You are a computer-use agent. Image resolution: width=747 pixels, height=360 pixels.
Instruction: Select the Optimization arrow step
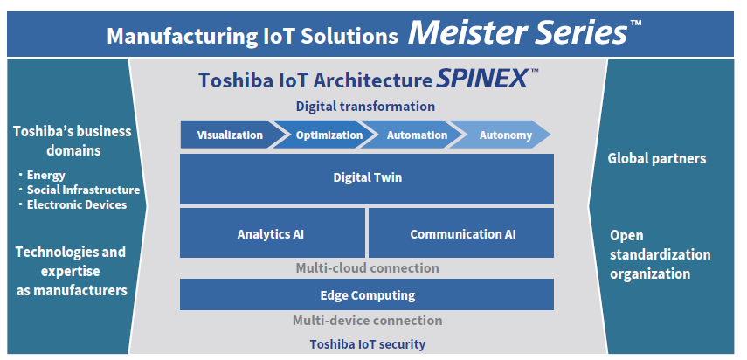click(x=324, y=135)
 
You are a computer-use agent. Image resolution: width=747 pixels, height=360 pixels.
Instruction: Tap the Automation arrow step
click(x=413, y=135)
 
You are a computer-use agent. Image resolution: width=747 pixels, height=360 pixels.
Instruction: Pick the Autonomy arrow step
click(x=501, y=135)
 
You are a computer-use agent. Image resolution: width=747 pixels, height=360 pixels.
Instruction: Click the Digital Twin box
click(x=367, y=178)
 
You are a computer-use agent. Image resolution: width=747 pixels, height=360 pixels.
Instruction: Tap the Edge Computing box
click(x=367, y=294)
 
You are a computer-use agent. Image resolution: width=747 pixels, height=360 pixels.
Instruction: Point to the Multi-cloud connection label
click(x=367, y=268)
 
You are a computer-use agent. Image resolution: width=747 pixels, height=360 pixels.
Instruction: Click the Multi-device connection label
click(x=367, y=321)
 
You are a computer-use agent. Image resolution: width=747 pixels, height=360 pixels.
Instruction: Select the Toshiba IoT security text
click(x=367, y=343)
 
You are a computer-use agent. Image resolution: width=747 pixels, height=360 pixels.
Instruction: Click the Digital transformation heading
click(x=365, y=107)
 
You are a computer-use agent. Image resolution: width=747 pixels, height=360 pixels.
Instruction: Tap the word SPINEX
click(x=481, y=78)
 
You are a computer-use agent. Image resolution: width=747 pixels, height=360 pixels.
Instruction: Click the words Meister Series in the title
click(x=517, y=34)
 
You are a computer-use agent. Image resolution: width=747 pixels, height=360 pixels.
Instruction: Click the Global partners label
click(x=657, y=158)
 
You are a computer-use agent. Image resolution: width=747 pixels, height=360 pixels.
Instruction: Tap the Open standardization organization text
click(x=660, y=255)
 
